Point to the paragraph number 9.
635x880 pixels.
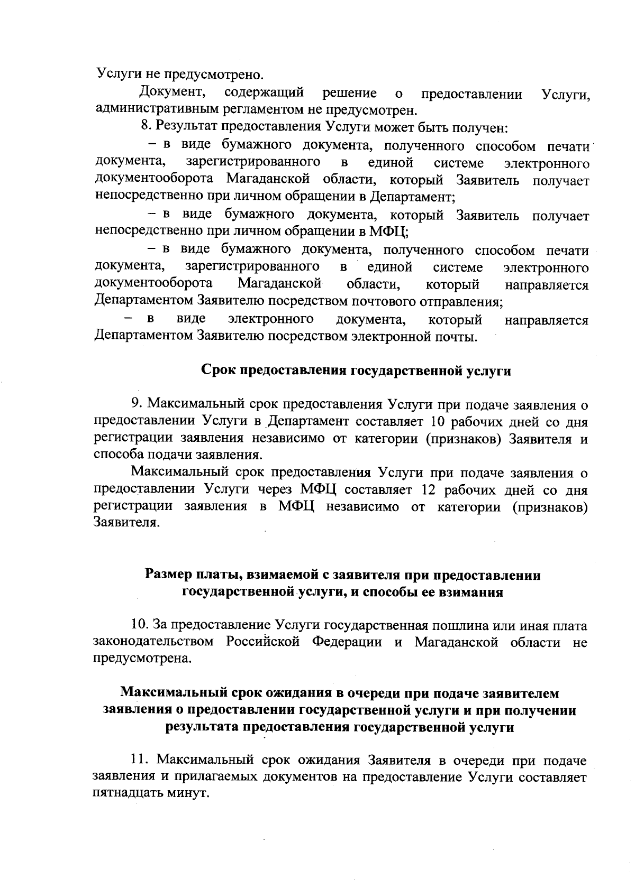(x=135, y=405)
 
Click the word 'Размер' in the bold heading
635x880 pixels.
(x=168, y=575)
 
